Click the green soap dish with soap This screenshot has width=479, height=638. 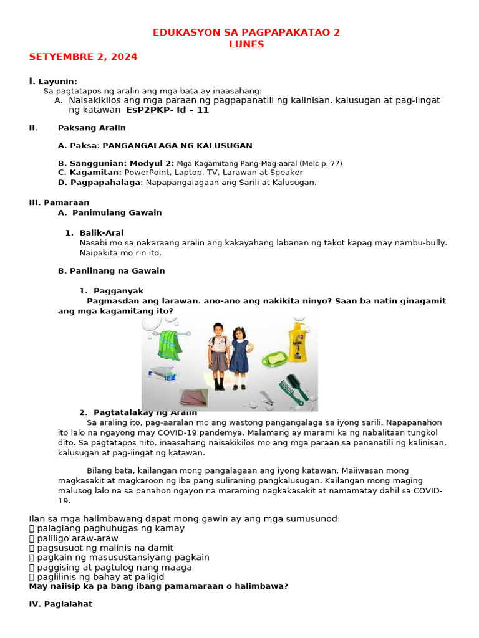tap(274, 359)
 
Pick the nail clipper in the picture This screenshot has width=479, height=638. tap(266, 398)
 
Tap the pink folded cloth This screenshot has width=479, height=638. tap(193, 397)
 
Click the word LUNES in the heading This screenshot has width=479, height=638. tap(246, 44)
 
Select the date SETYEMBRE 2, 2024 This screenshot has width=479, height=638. tap(83, 57)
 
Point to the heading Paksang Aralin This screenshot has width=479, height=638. tap(92, 128)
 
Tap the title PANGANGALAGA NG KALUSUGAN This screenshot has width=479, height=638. tap(177, 146)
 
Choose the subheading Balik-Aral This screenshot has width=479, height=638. tap(102, 232)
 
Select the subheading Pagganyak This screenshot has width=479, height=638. tap(119, 291)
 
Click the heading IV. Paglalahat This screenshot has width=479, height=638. tap(60, 604)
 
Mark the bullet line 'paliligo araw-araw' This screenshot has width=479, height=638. tap(77, 538)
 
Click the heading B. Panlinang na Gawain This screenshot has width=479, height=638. tap(111, 271)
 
